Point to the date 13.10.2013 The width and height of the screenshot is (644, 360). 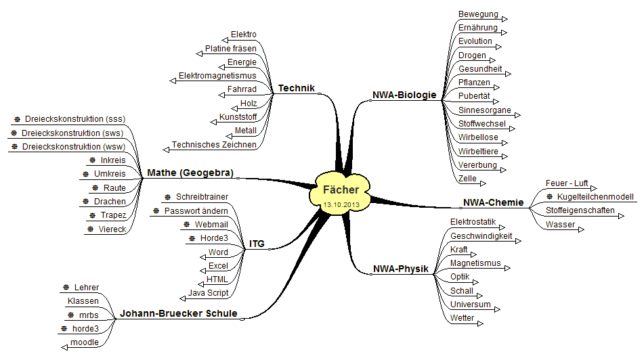click(x=341, y=204)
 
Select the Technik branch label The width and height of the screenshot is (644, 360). click(x=297, y=88)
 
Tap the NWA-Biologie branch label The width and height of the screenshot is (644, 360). click(x=404, y=95)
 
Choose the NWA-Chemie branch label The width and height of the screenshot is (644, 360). click(x=493, y=202)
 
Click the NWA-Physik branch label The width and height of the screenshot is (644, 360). click(x=401, y=269)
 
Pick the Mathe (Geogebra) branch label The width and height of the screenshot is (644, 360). click(x=190, y=173)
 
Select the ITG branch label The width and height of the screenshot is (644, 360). click(x=257, y=244)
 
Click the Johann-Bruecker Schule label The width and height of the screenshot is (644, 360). click(x=179, y=314)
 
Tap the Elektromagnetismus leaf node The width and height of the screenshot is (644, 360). click(x=217, y=76)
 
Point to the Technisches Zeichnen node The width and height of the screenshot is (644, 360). click(x=214, y=145)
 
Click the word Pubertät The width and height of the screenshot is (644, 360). click(x=474, y=96)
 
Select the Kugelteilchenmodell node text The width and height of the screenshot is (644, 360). click(x=595, y=197)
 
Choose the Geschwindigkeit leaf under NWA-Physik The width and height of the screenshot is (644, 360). click(x=481, y=236)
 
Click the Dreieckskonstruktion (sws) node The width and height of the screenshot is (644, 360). click(x=72, y=133)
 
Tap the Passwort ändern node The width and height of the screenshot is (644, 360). click(x=196, y=211)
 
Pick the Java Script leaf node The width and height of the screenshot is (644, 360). click(x=208, y=293)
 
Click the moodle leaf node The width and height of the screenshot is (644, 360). click(x=84, y=342)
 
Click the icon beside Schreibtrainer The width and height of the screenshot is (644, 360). click(x=168, y=197)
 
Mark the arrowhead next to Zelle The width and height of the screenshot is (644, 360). click(x=483, y=182)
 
